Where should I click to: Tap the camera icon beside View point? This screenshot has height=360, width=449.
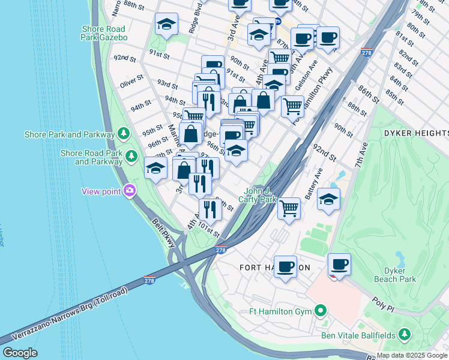[x=130, y=191]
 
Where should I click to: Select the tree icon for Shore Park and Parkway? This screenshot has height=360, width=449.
[x=123, y=133]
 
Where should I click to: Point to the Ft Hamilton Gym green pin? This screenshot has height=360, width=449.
[x=320, y=311]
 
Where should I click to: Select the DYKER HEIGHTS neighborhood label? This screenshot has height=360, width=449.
[x=415, y=133]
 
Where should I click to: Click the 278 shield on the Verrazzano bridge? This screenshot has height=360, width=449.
[x=150, y=280]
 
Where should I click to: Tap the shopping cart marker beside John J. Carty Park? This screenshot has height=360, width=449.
[x=289, y=209]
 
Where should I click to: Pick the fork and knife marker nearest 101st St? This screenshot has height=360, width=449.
[x=210, y=209]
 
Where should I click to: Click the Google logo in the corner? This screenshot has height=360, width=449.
[x=20, y=353]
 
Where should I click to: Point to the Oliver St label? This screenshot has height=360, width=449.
[x=131, y=78]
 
